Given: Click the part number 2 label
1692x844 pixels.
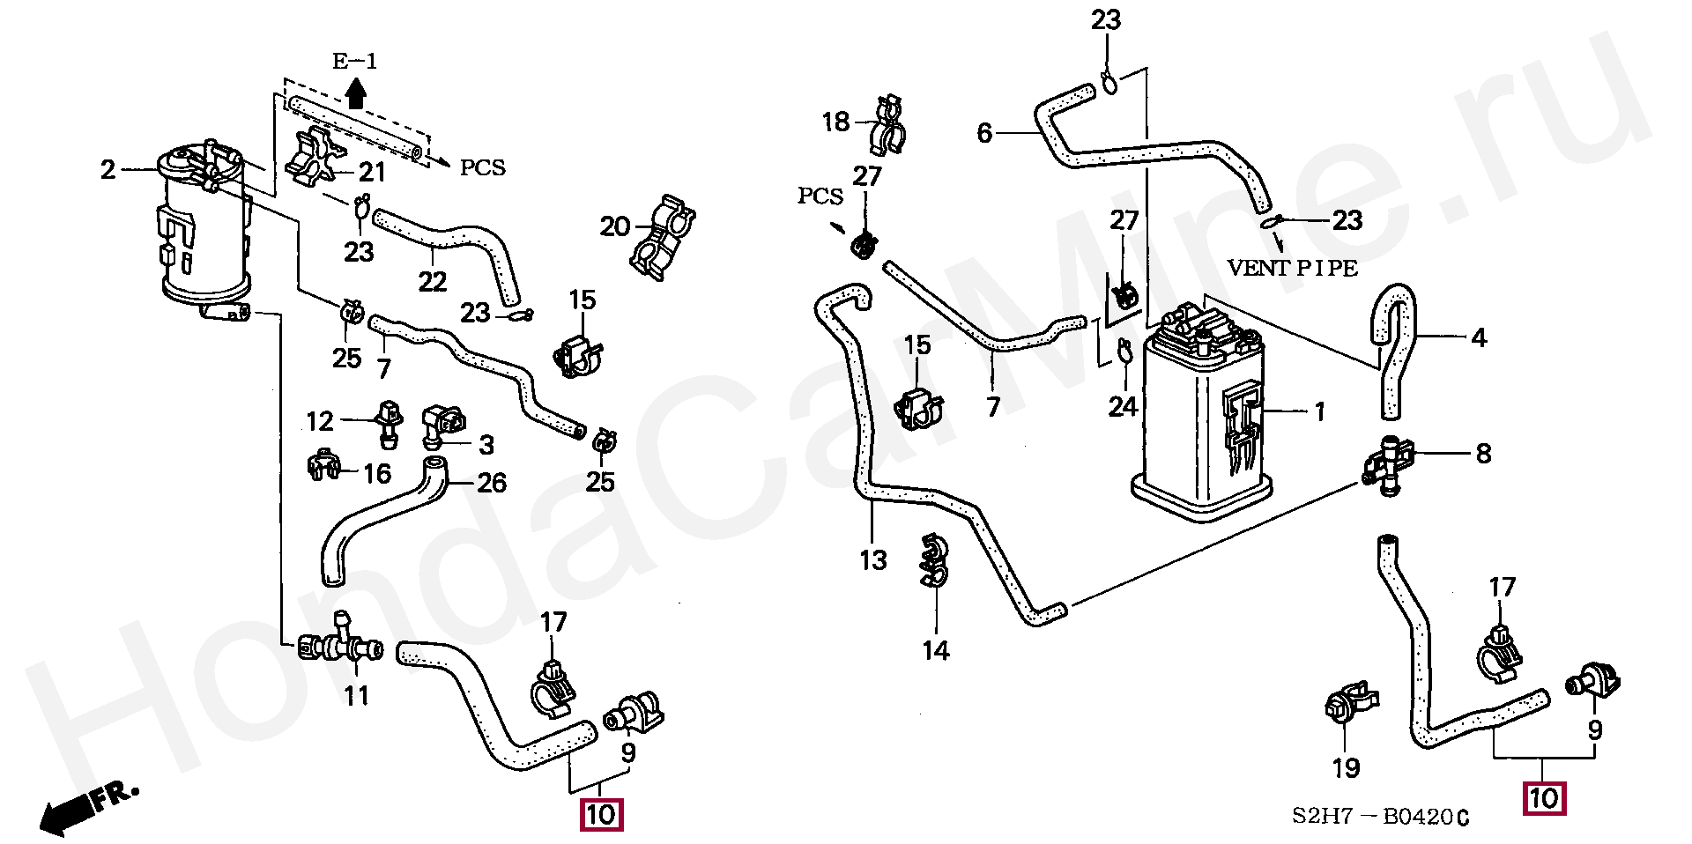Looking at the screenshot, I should coord(108,169).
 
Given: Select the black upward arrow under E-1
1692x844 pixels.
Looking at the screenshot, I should coord(355,93).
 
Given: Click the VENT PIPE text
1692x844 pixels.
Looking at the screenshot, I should coord(1293,269).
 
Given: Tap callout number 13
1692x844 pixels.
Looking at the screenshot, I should coord(872,560).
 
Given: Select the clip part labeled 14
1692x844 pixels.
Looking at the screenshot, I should coord(933,561).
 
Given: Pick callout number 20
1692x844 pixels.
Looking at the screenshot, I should coord(614,227).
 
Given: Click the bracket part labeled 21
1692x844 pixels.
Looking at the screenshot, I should coord(315,157).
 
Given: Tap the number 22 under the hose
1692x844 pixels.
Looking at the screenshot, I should coord(432,282).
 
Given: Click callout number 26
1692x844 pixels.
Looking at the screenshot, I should coord(491,483).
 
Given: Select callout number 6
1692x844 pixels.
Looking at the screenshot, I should coord(984,133).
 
